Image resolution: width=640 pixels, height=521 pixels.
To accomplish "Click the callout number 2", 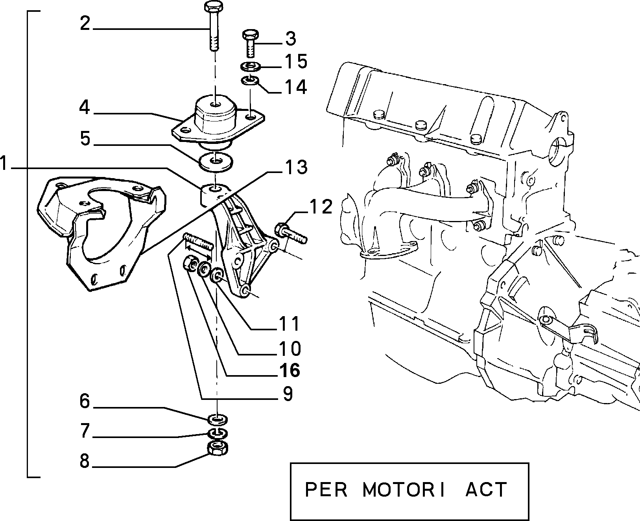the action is (x=85, y=23).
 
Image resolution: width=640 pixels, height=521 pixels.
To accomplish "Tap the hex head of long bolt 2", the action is (x=213, y=6).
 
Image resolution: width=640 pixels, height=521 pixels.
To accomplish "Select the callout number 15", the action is (x=296, y=61).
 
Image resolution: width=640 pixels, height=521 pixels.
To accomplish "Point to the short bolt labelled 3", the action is (x=251, y=43).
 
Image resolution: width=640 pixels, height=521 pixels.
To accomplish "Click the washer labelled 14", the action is (x=250, y=81).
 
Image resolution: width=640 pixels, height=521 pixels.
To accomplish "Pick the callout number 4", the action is (x=85, y=107).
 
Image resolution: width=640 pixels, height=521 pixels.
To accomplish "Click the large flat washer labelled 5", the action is (x=216, y=162).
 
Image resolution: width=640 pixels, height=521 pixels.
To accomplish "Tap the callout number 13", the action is (x=296, y=167).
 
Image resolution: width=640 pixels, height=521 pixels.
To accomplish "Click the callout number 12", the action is (x=321, y=206).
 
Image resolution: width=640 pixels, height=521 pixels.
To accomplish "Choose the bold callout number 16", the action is (x=290, y=370).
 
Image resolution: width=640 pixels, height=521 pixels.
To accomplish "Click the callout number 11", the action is (x=290, y=323).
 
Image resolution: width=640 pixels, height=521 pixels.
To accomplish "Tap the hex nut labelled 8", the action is (x=218, y=448).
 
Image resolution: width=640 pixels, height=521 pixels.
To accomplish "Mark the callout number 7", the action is (x=85, y=430).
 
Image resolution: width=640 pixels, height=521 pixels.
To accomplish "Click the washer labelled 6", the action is (x=218, y=420).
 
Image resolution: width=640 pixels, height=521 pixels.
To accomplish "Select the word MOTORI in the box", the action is (x=404, y=490).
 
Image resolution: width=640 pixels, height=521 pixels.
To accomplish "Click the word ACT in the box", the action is (x=486, y=490).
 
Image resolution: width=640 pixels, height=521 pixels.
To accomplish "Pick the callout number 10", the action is (x=290, y=348).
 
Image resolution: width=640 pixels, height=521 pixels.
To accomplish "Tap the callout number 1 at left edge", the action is (x=3, y=163).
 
